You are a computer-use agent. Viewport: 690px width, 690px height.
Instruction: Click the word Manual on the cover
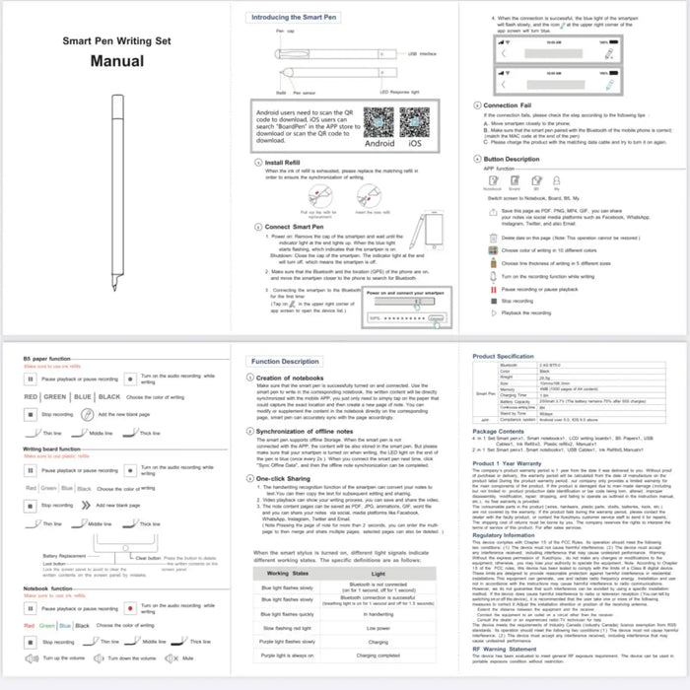[x=117, y=60]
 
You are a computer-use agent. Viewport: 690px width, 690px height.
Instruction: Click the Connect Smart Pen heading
[x=297, y=227]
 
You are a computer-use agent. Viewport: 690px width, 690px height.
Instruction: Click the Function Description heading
[x=285, y=362]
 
